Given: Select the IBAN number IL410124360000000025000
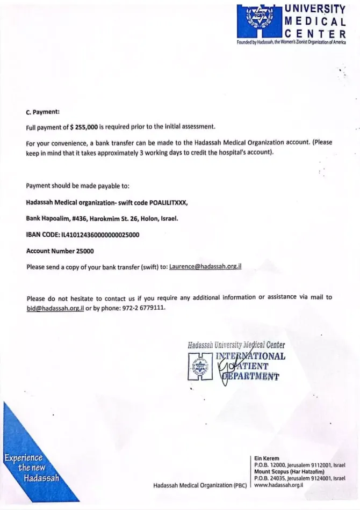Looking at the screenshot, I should pos(100,234).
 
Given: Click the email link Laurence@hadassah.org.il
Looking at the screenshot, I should pos(205,266).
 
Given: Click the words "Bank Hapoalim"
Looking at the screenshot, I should pos(47,218).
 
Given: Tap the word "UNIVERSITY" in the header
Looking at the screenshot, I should pos(314,9).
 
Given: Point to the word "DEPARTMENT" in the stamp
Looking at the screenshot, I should pos(251,376).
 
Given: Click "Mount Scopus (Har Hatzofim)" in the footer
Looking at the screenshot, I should pos(289,471).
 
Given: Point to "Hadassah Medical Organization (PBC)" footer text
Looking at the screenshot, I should pos(199,485).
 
